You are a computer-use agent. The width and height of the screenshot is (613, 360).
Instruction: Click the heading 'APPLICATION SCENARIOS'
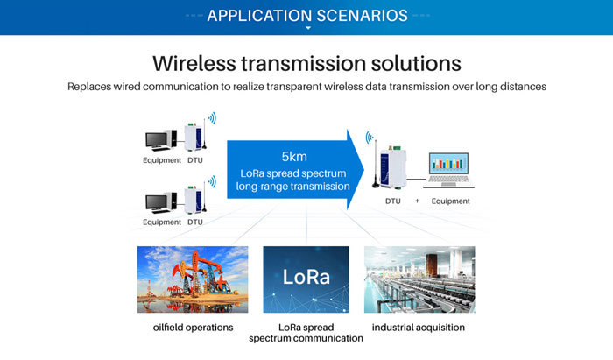307,15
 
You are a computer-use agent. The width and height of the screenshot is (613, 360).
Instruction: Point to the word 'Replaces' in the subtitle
94,87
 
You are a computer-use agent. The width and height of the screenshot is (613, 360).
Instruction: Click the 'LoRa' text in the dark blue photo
306,278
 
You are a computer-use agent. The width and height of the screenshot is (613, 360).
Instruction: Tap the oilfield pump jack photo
193,279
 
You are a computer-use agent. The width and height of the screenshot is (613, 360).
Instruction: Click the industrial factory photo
419,279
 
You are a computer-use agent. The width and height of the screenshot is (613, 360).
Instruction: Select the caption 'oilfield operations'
193,328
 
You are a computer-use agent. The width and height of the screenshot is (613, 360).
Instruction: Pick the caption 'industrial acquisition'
419,328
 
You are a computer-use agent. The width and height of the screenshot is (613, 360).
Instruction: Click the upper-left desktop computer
160,140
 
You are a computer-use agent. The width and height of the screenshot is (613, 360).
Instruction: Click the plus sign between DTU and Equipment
417,201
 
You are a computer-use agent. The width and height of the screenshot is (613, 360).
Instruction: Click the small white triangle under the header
307,29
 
